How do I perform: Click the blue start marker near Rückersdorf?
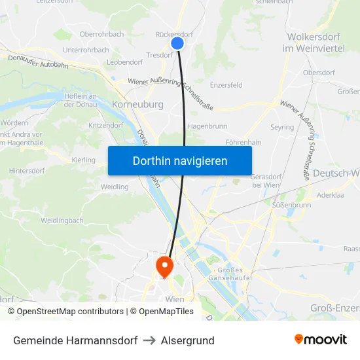pyautogui.click(x=177, y=43)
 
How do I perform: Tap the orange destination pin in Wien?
pyautogui.click(x=163, y=266)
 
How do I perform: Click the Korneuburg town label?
pyautogui.click(x=137, y=104)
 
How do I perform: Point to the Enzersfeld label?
pyautogui.click(x=226, y=85)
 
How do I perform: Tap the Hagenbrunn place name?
pyautogui.click(x=207, y=126)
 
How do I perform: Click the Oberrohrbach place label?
pyautogui.click(x=101, y=34)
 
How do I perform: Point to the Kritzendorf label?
pyautogui.click(x=105, y=124)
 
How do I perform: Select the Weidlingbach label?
pyautogui.click(x=62, y=221)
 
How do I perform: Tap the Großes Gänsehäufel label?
pyautogui.click(x=225, y=275)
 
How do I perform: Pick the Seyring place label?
pyautogui.click(x=282, y=127)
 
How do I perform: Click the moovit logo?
pyautogui.click(x=321, y=340)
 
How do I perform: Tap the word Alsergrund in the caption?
pyautogui.click(x=188, y=340)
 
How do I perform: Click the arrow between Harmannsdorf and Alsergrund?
pyautogui.click(x=149, y=340)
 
